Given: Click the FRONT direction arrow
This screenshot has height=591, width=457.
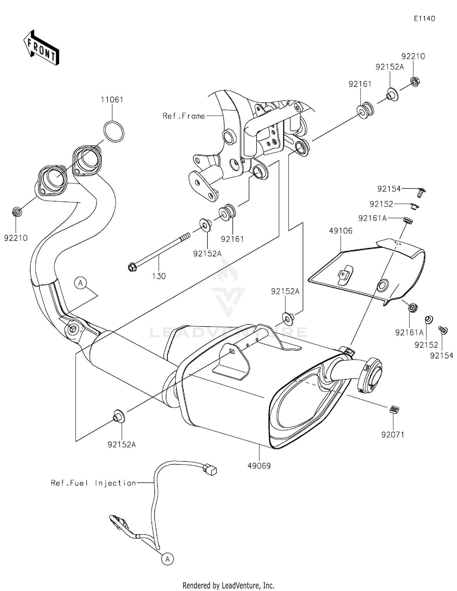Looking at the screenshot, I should click(x=41, y=48).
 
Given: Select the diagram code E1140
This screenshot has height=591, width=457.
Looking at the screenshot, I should click(x=424, y=19).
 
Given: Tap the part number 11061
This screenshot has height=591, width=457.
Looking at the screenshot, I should click(x=112, y=100).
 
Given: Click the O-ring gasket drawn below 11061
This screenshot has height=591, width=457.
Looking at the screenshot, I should click(x=114, y=131).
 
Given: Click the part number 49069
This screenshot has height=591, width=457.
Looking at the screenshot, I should click(x=259, y=466).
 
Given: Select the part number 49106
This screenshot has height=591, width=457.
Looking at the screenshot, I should click(x=341, y=231).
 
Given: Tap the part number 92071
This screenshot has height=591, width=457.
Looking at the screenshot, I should click(x=393, y=434).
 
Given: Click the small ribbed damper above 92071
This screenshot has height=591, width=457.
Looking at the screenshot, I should click(x=394, y=410).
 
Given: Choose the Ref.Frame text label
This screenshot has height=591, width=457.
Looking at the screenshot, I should click(x=184, y=116).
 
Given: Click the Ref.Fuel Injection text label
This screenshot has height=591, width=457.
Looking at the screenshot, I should click(x=94, y=483).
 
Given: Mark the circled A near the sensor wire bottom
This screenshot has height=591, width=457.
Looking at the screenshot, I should click(x=167, y=559).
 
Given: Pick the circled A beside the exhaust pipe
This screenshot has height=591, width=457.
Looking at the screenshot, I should click(x=80, y=283).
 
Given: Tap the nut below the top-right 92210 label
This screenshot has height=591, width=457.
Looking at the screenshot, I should click(x=414, y=81).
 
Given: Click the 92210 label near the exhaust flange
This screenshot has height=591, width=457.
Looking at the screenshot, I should click(x=16, y=238).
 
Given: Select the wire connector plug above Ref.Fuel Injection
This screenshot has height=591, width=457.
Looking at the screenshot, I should click(x=211, y=470).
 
